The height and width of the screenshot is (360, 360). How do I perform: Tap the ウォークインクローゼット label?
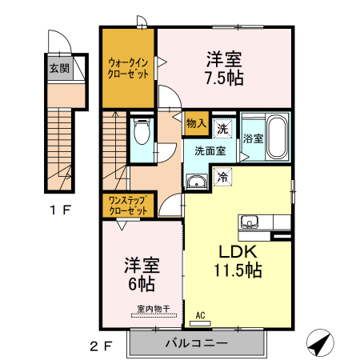tap(128, 68)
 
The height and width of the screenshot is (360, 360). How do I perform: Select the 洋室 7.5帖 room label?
tap(225, 69)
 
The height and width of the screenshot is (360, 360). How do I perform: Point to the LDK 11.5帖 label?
tap(235, 260)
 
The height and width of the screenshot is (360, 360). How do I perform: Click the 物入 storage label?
tap(197, 123)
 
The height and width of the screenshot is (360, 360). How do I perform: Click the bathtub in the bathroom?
tap(277, 138)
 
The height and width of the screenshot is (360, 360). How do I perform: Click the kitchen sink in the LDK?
tap(248, 222)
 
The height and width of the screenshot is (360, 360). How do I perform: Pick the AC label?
tap(201, 315)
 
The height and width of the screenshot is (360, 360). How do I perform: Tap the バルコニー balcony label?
tap(197, 343)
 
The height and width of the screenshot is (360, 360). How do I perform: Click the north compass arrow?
tap(321, 343)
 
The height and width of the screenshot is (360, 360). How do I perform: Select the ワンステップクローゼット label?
tap(128, 205)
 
